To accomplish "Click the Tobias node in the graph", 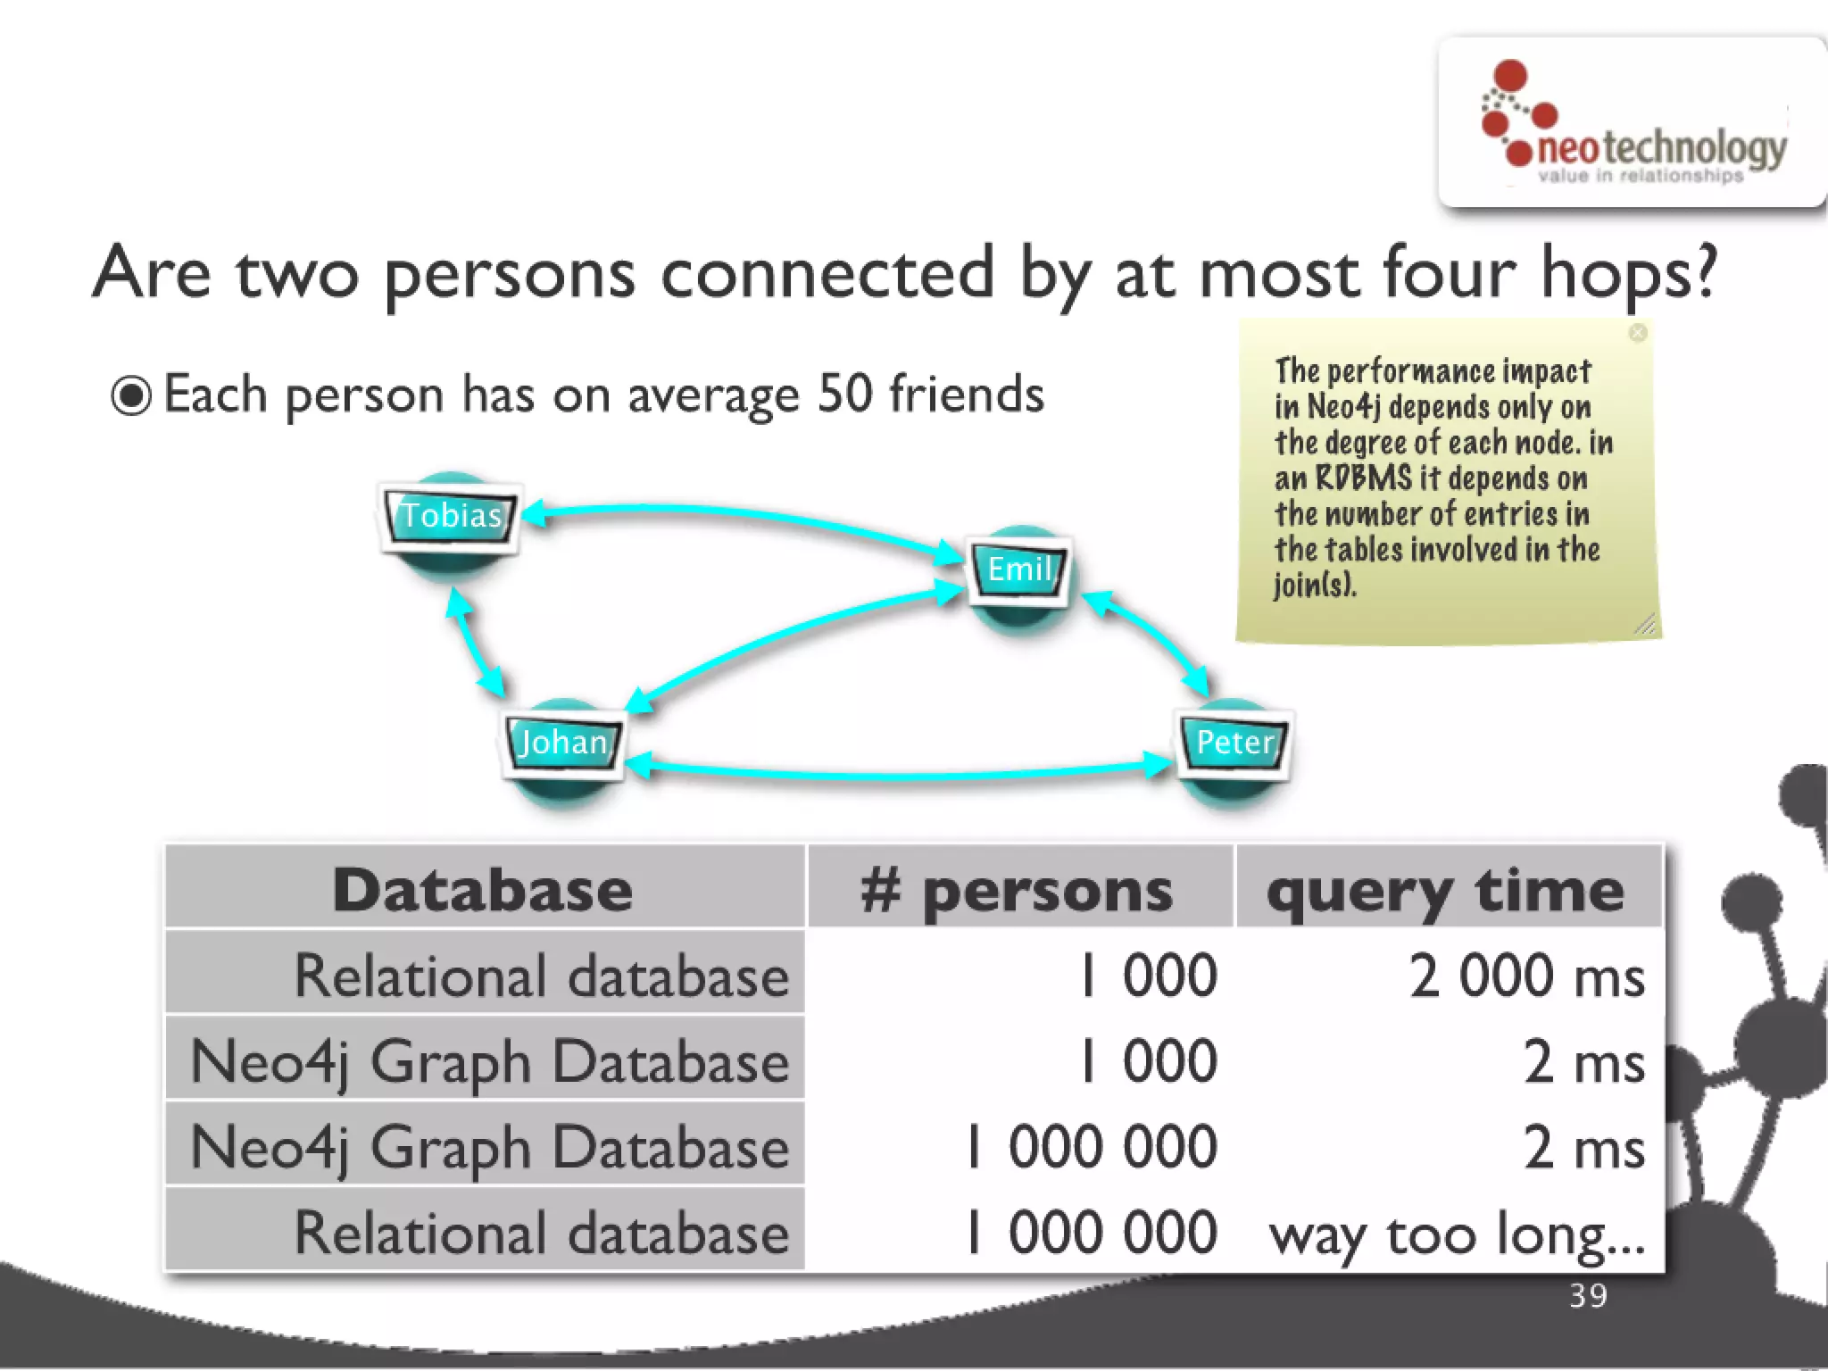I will tap(451, 517).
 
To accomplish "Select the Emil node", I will tap(1020, 569).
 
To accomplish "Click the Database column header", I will tap(483, 889).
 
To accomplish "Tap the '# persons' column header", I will tap(1018, 891).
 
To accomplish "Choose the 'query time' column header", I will tap(1446, 891).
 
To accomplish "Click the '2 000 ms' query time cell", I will tap(1526, 975).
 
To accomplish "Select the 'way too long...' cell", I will tap(1457, 1235).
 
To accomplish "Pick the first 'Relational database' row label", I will tap(541, 975).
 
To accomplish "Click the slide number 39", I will tap(1588, 1296).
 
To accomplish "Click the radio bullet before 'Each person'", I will tap(131, 395).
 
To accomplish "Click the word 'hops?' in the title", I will tap(1629, 273).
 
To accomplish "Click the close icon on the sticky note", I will tap(1638, 333).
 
